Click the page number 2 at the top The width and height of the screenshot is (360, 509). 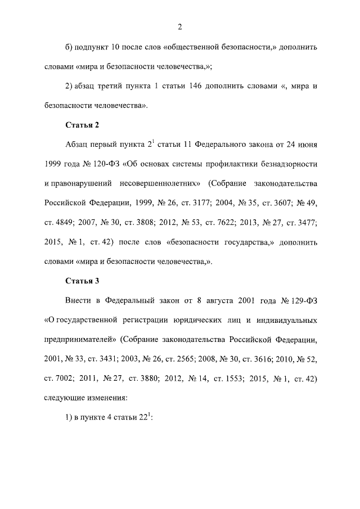point(179,26)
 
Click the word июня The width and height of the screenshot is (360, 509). point(307,144)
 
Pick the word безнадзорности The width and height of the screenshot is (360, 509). point(285,164)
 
